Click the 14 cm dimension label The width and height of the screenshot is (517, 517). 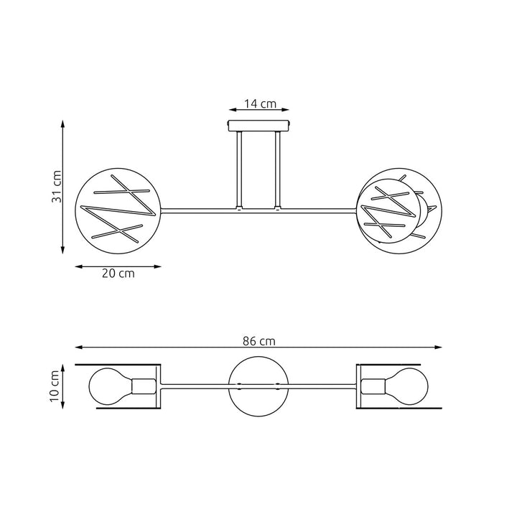[x=260, y=103]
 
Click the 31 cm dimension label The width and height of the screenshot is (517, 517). [x=57, y=187]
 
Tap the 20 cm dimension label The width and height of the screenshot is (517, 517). [x=118, y=274]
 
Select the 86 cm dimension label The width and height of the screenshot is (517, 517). [x=258, y=341]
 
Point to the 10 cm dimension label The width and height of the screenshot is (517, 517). [x=54, y=386]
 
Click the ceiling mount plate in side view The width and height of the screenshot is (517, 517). [x=258, y=126]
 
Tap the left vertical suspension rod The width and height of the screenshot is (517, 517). [x=240, y=169]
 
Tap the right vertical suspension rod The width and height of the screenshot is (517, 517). [x=278, y=169]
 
